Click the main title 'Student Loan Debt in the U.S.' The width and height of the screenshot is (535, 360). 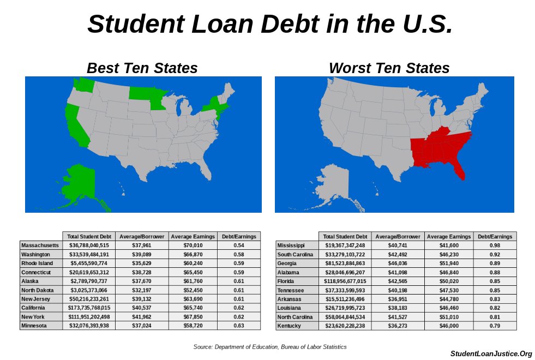click(x=269, y=24)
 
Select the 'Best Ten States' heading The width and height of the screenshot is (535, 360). click(x=142, y=68)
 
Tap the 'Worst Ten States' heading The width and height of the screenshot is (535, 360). click(x=389, y=68)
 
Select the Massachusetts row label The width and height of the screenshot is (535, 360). click(x=40, y=245)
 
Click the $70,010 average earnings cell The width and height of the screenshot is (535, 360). click(x=193, y=245)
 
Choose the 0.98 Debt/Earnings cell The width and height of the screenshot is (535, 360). click(x=495, y=245)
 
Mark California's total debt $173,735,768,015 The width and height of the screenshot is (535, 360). click(x=89, y=308)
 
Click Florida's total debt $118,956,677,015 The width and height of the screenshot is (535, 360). click(x=345, y=281)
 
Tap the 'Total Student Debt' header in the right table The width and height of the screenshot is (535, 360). click(x=345, y=237)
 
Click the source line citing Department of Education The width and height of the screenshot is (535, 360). click(x=269, y=347)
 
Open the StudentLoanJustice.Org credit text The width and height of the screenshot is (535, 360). click(x=491, y=354)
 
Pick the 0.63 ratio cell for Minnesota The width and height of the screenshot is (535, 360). click(x=238, y=326)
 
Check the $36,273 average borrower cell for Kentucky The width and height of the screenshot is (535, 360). click(x=398, y=326)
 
